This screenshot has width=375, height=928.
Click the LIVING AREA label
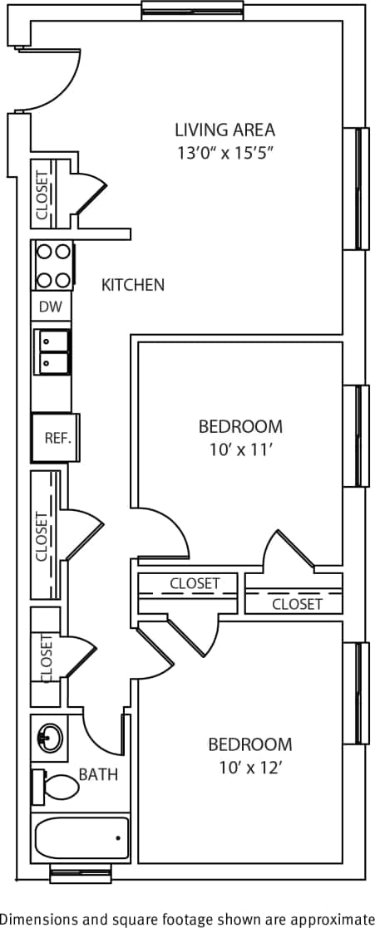point(225,130)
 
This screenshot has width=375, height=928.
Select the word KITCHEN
point(133,285)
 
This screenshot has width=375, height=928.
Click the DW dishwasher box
point(52,307)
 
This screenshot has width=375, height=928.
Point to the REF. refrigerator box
point(56,438)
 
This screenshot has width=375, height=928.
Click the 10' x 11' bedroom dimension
point(240,450)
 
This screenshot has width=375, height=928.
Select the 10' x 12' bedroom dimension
point(250,768)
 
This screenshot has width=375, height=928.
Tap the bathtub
point(81,837)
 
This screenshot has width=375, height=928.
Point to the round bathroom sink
point(50,737)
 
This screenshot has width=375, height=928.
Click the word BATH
point(98,775)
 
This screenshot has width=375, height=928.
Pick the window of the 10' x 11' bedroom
point(362,435)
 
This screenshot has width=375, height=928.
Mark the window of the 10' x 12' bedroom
point(362,693)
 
